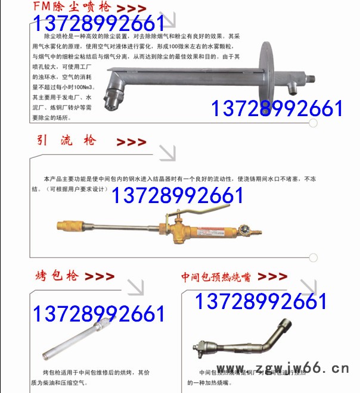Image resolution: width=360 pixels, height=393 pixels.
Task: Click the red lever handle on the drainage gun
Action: [x=197, y=209]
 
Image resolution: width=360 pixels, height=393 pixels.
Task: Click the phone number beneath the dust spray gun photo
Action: [x=277, y=109]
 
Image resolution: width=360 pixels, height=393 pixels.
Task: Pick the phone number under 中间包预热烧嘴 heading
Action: [x=261, y=302]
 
